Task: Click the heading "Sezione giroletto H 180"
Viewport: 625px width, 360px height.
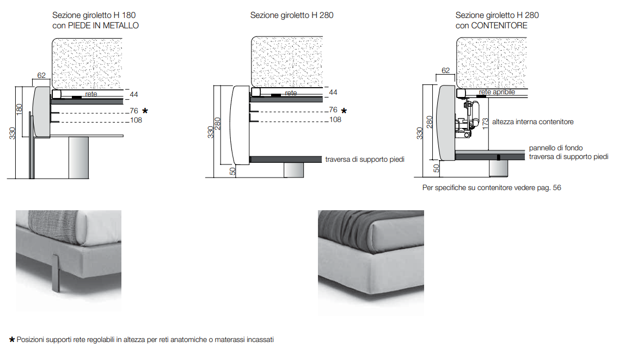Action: coord(94,16)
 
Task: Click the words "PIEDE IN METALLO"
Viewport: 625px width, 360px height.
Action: coord(103,26)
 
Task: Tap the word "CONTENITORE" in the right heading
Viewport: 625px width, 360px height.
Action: coord(500,26)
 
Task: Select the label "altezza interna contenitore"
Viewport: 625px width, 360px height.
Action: coord(532,122)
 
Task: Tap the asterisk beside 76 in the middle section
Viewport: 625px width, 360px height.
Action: coord(344,111)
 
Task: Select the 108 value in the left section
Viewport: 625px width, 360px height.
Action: coord(136,120)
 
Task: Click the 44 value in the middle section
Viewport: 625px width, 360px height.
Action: coord(333,93)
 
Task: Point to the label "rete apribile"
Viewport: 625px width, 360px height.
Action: coord(497,93)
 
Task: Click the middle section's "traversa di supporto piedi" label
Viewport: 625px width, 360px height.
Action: coord(365,160)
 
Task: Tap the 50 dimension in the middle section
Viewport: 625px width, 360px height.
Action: coord(232,171)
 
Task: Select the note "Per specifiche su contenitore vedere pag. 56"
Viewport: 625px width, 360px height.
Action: coord(492,188)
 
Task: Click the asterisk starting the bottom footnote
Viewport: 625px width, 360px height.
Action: coord(12,340)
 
